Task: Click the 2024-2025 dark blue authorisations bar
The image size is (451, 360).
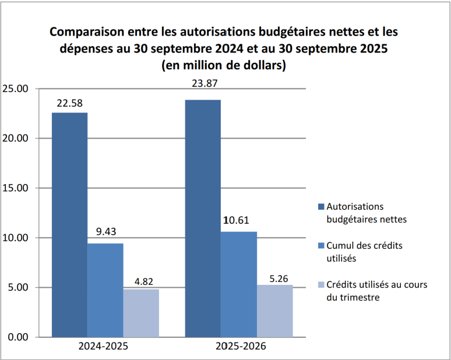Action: pos(69,224)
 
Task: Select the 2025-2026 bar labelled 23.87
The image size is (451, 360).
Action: pos(203,218)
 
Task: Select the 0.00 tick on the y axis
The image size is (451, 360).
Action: pos(17,337)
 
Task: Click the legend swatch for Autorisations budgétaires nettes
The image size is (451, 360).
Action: pos(320,207)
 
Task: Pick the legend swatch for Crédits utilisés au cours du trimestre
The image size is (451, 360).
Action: pos(320,285)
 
